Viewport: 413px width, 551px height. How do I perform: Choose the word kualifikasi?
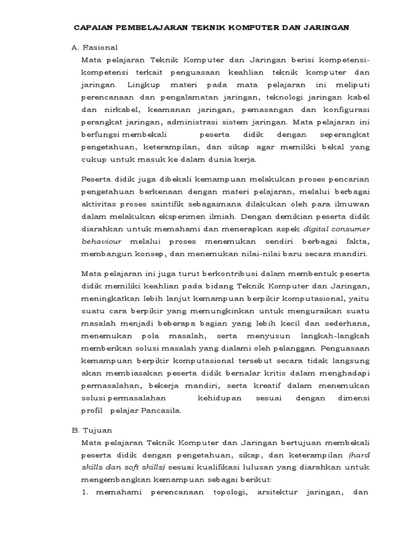tap(244, 468)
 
